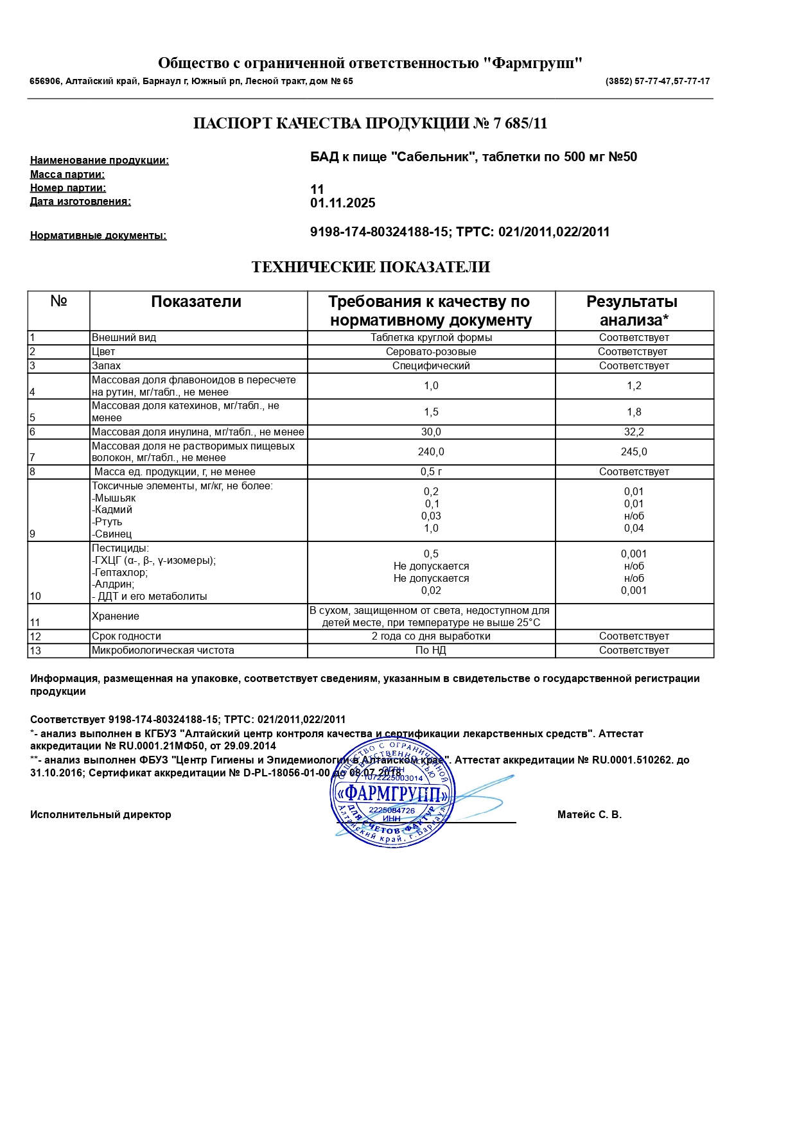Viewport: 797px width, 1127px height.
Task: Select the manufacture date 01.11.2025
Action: [x=343, y=204]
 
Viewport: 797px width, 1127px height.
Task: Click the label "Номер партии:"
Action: [x=68, y=188]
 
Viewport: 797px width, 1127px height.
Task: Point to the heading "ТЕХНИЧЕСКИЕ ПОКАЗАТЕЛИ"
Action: [x=371, y=267]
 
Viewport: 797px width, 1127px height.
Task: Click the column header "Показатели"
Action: [x=197, y=302]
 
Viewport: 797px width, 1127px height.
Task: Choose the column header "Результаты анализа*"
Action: [x=633, y=311]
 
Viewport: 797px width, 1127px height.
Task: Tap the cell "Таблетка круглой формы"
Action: [x=431, y=338]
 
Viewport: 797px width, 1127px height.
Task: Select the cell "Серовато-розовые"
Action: [x=431, y=352]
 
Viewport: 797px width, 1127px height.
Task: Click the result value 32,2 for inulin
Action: [x=634, y=432]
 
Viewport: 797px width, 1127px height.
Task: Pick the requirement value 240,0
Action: [x=431, y=452]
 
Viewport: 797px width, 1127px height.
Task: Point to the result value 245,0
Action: [x=634, y=452]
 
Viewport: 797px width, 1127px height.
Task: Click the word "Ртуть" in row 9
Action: [x=108, y=522]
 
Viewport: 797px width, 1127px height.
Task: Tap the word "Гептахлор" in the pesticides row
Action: [x=121, y=572]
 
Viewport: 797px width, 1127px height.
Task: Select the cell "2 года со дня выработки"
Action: [x=431, y=636]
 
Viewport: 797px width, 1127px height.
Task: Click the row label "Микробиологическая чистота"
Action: [x=163, y=651]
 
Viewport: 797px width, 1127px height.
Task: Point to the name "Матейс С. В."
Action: [x=590, y=815]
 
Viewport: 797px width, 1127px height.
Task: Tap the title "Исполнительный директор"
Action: [x=101, y=815]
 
